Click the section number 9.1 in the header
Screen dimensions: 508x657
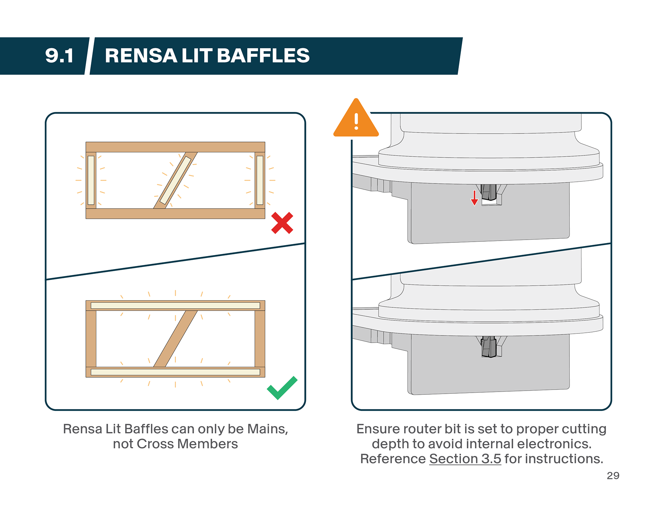tap(59, 56)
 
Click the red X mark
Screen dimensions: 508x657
tap(282, 223)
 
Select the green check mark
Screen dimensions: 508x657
tap(282, 388)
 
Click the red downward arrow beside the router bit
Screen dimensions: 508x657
tap(474, 198)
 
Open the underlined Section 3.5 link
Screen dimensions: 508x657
tap(465, 459)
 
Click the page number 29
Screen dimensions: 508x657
tap(613, 475)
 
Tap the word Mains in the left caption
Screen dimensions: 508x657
tap(267, 429)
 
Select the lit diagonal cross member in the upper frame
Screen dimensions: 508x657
tap(175, 180)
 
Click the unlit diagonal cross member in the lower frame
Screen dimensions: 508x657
tap(175, 339)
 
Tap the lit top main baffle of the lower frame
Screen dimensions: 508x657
tap(175, 305)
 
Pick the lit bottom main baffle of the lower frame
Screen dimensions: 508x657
tap(175, 372)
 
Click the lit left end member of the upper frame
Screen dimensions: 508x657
tap(91, 180)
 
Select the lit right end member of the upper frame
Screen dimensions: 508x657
tap(260, 180)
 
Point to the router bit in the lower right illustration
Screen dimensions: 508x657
tap(489, 346)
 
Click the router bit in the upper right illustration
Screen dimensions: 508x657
tap(489, 192)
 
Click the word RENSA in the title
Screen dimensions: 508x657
tap(141, 56)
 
